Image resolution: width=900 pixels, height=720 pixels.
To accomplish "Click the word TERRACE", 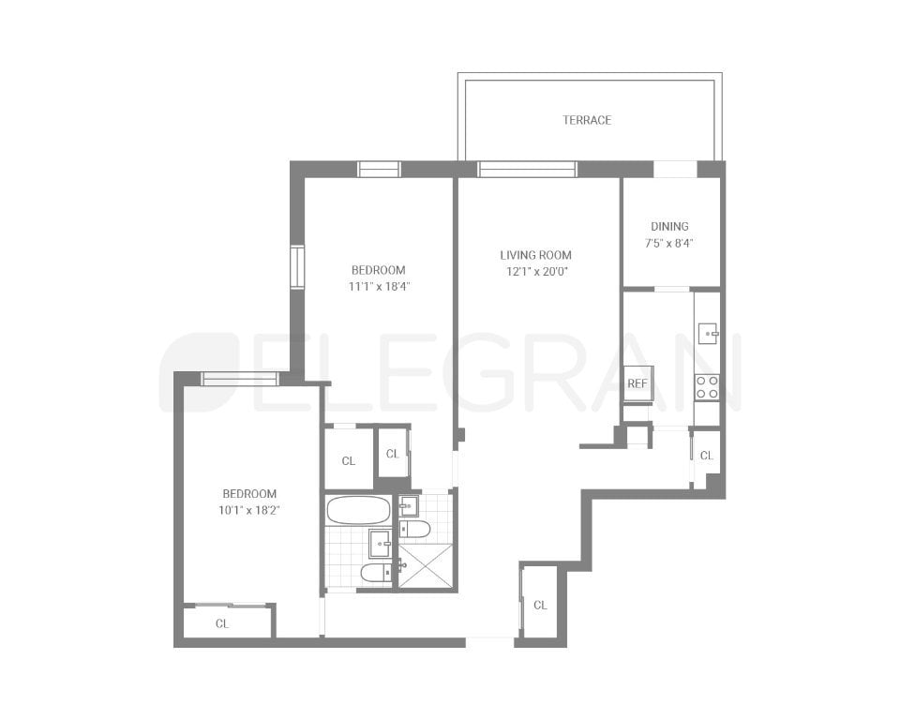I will [x=587, y=120].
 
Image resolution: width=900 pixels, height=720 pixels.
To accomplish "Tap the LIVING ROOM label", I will [x=535, y=255].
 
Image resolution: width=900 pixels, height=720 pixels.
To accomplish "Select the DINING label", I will [x=669, y=226].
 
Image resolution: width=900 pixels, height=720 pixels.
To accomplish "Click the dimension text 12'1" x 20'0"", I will [x=535, y=272].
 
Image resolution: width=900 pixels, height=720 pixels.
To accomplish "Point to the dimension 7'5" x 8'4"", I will [x=669, y=243].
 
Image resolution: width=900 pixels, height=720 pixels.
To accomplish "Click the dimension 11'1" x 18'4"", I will [x=380, y=287].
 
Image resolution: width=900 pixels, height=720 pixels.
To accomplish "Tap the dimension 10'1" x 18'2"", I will [x=249, y=511].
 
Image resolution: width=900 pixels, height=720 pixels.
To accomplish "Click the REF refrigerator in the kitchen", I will [x=637, y=382].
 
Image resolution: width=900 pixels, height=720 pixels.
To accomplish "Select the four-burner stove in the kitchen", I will [x=706, y=387].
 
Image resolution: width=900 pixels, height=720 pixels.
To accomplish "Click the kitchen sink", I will [x=708, y=330].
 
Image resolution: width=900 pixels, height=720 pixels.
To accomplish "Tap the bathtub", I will [x=358, y=511].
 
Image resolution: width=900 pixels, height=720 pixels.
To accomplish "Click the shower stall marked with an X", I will [x=427, y=564].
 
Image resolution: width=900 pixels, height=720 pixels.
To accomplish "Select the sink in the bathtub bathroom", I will [x=381, y=542].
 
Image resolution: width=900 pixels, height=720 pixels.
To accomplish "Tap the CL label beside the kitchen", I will [x=707, y=456].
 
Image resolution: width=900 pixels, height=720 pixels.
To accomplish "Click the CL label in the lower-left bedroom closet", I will [x=222, y=623].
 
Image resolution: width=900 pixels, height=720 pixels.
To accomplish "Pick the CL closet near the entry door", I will [x=540, y=605].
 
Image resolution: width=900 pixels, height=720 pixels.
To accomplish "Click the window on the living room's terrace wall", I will [x=527, y=170].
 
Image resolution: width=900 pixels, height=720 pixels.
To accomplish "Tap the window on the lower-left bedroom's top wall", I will [x=240, y=379].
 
